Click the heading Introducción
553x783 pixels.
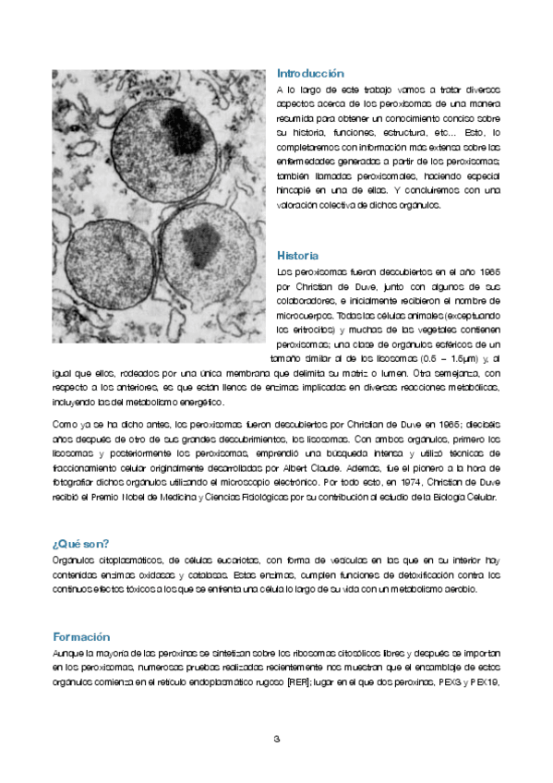click(310, 73)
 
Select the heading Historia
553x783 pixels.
click(298, 255)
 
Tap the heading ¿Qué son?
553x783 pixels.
click(81, 543)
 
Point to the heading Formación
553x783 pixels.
click(81, 637)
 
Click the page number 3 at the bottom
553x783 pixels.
click(276, 739)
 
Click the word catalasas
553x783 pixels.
click(207, 574)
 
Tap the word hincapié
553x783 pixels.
click(295, 189)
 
